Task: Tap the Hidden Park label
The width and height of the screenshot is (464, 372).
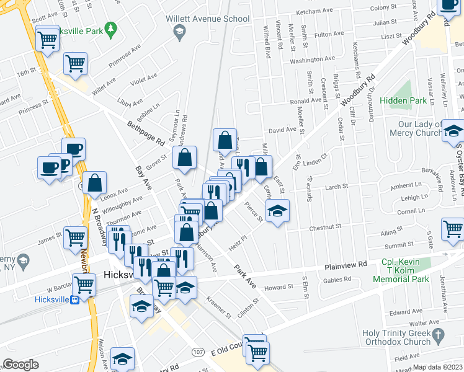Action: coord(403,100)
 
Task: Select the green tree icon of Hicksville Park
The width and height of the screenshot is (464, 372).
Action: coord(111,28)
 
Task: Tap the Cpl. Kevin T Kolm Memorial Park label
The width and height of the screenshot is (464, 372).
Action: coord(401,271)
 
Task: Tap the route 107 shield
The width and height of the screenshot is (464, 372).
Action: coord(198,352)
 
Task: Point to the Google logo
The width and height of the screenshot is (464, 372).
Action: coord(20,365)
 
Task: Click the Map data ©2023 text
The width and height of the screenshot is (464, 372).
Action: coord(438,367)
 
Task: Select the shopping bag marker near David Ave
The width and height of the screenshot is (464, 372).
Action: coord(225,139)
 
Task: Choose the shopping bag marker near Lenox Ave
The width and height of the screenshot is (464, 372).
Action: coord(94,182)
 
